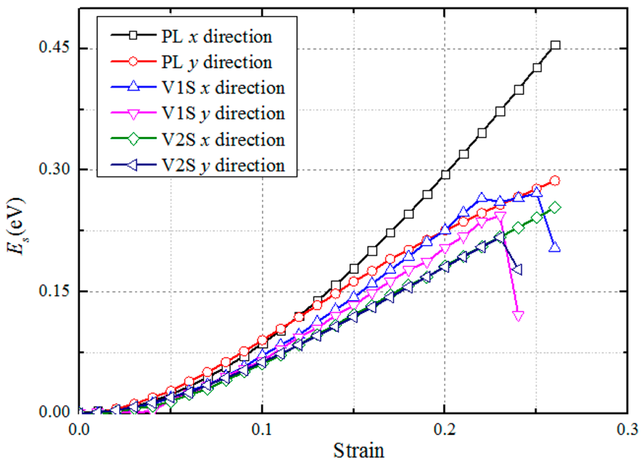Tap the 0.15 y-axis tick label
54,291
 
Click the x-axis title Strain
359,451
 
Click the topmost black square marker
555,45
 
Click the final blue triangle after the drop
554,247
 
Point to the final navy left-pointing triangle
517,270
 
